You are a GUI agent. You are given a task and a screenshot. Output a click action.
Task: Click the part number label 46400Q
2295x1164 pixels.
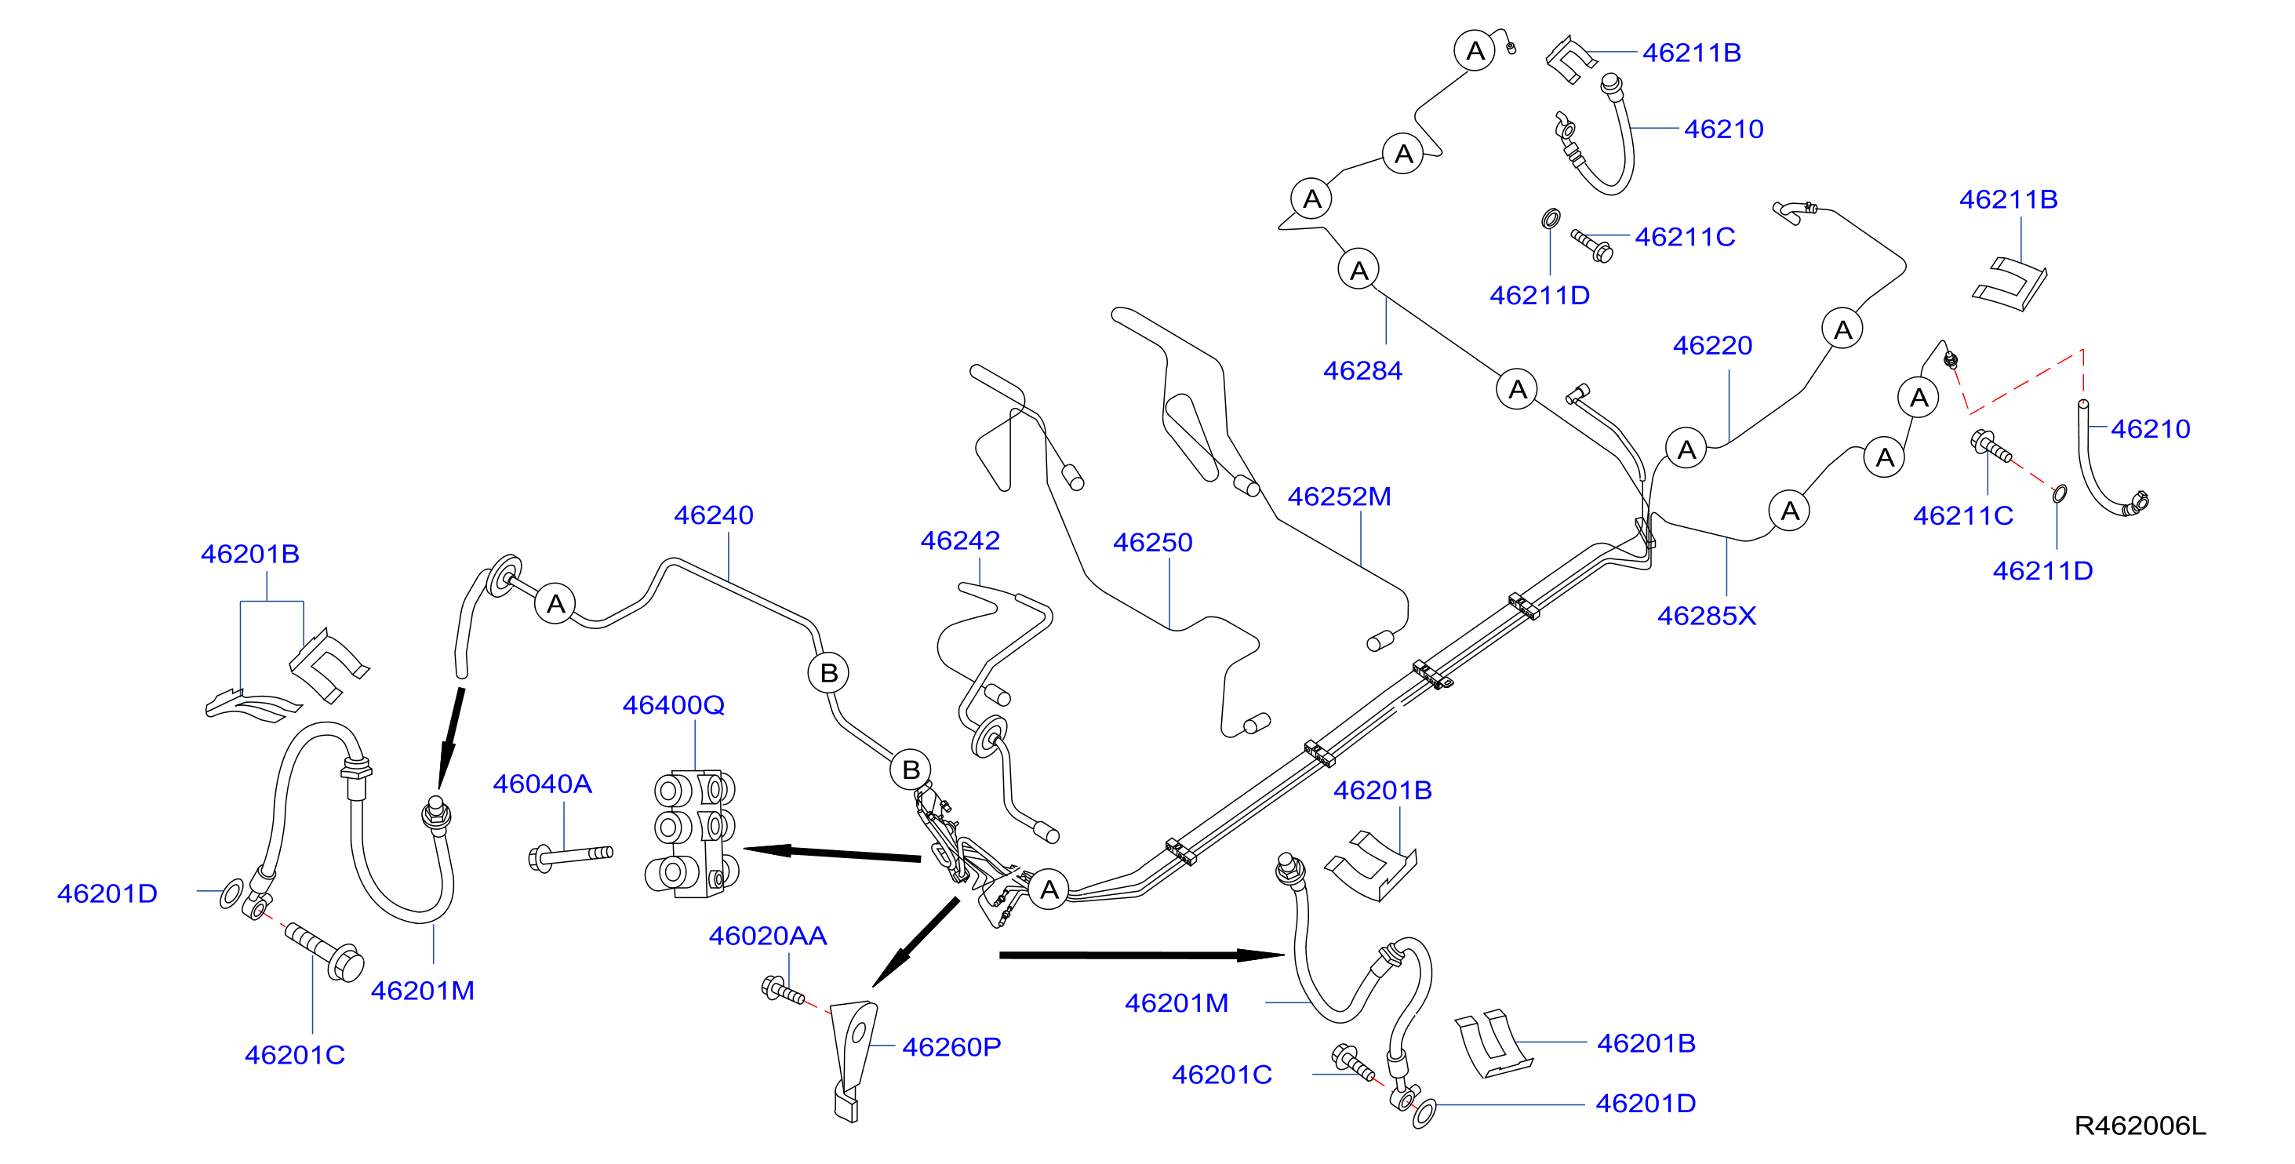674,705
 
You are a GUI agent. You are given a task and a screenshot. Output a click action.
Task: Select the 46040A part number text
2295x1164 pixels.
543,784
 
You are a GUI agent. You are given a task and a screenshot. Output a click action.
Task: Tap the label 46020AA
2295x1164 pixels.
768,936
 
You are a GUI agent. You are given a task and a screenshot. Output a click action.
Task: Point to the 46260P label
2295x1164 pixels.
951,1046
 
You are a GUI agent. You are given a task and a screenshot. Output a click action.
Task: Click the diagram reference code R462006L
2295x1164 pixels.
2140,1126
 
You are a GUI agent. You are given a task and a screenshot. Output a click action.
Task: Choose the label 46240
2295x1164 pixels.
714,515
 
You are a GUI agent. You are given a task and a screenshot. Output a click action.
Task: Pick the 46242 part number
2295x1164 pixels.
960,540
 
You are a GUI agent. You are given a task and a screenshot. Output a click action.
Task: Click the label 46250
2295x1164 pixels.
1153,542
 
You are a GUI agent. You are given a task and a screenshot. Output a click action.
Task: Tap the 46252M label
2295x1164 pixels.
1339,497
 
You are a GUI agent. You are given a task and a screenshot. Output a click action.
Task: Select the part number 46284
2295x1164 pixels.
1363,371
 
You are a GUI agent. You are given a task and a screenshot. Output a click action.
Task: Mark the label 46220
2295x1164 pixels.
1712,346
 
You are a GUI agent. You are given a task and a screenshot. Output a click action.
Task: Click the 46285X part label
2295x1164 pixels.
1707,616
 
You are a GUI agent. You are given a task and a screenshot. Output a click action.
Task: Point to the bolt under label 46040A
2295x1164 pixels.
570,857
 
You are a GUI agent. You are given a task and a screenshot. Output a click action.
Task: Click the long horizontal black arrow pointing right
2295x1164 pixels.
1141,955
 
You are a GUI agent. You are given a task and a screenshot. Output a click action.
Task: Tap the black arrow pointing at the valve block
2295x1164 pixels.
831,854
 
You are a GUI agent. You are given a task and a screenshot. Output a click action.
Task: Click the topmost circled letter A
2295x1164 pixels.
1475,51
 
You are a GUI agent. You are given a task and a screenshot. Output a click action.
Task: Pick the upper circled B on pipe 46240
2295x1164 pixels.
828,673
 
